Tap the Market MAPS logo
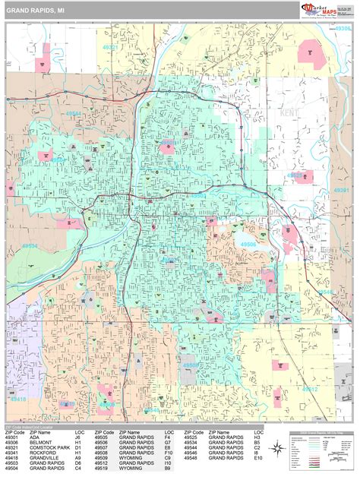pos(324,9)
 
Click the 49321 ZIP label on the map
pos(111,47)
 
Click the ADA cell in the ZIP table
pos(41,437)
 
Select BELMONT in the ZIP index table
pos(47,443)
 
